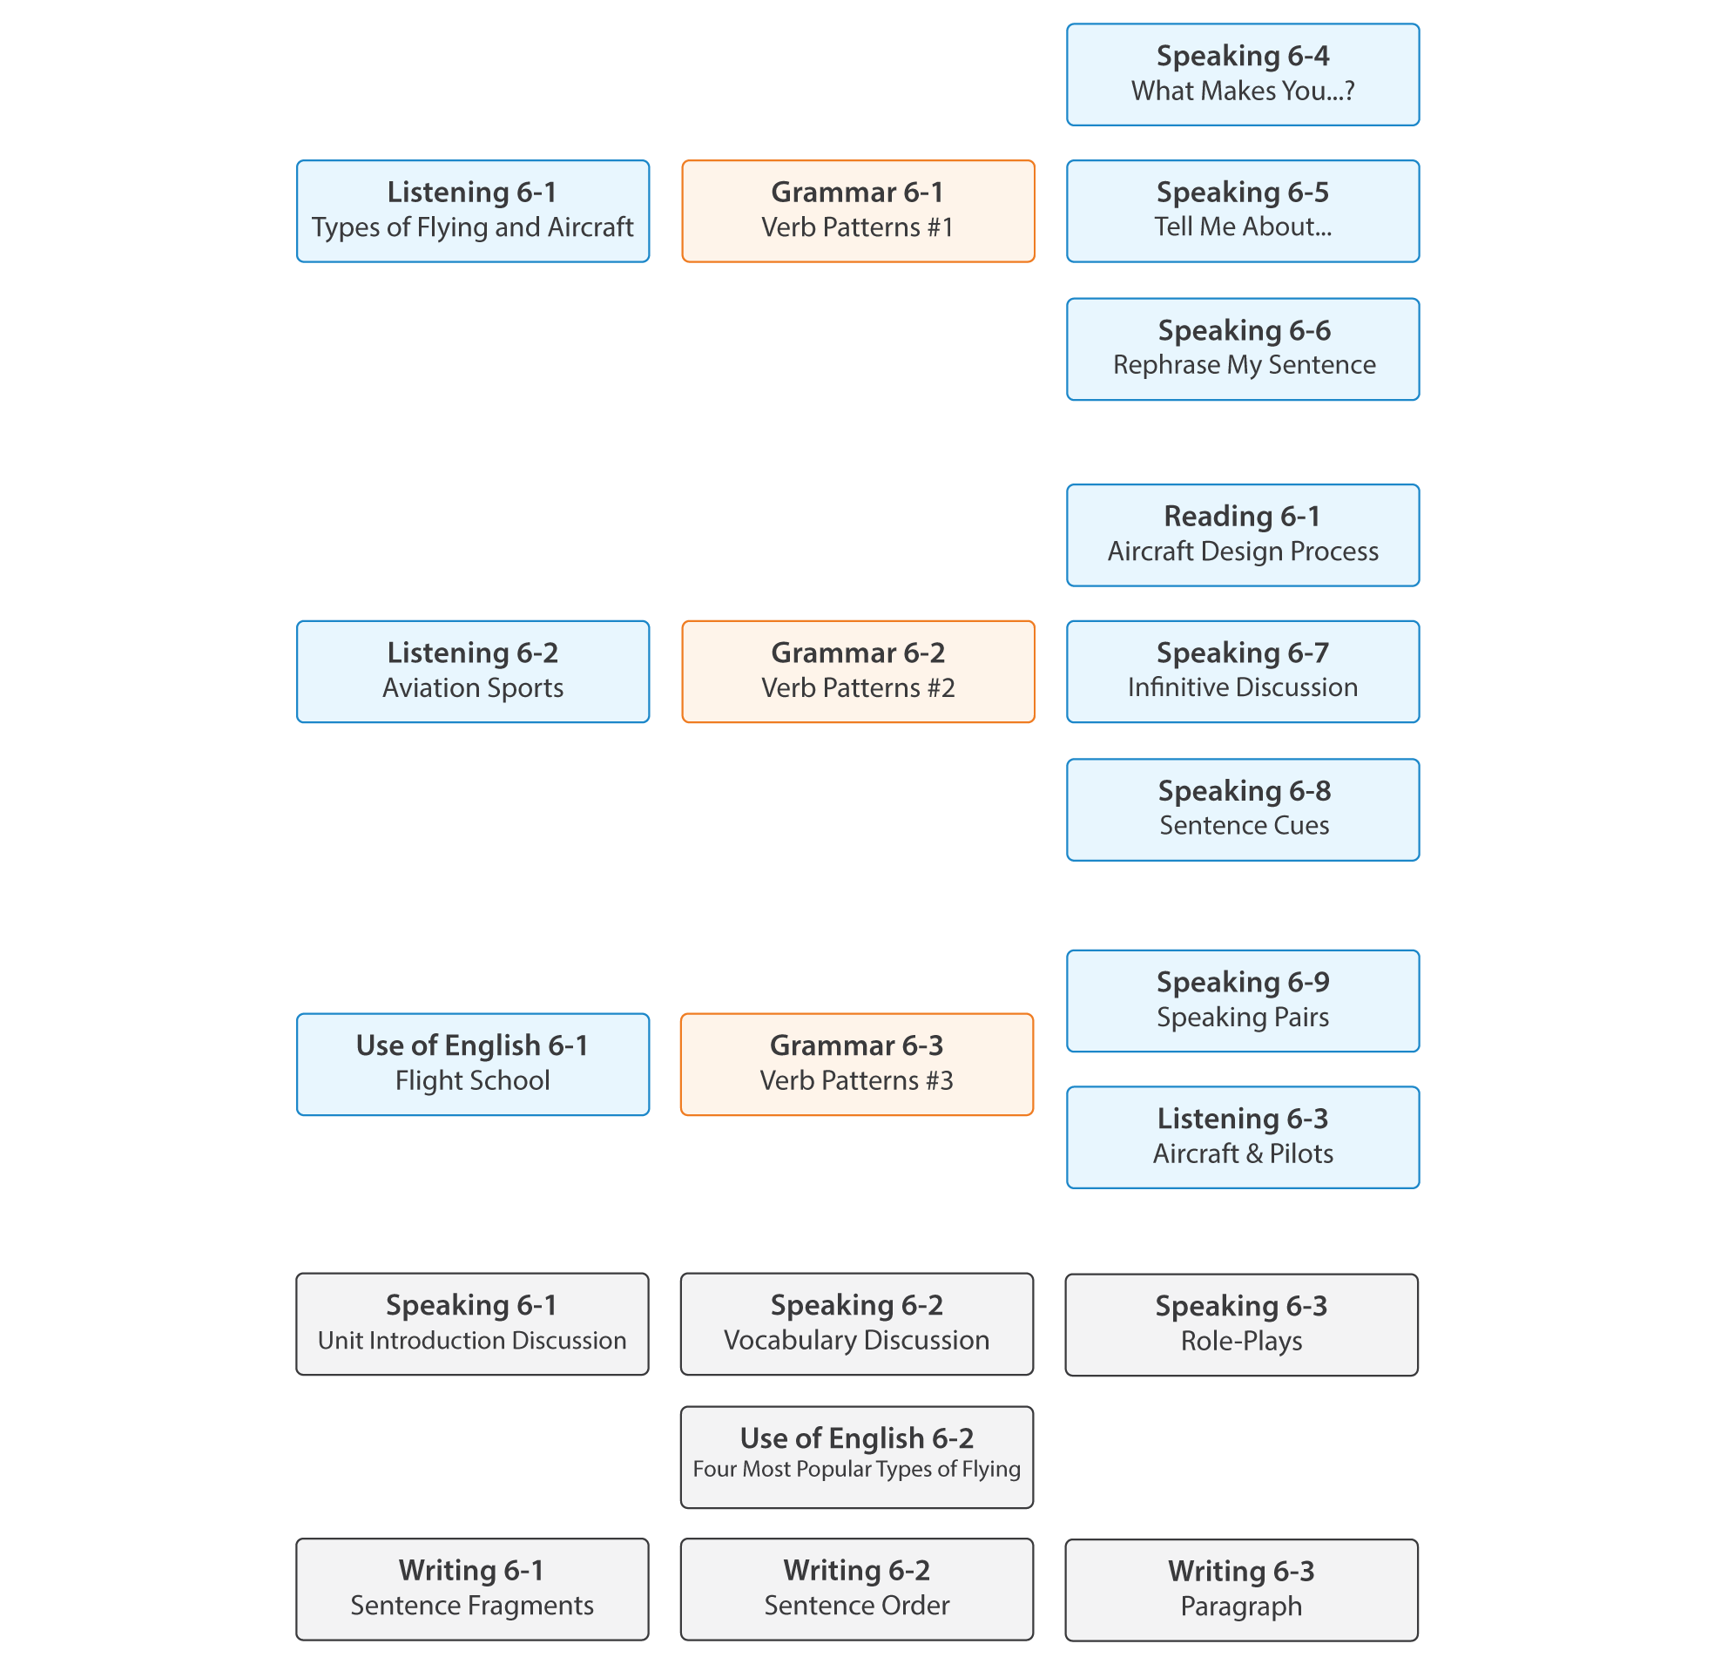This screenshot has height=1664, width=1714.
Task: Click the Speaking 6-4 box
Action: click(x=1243, y=74)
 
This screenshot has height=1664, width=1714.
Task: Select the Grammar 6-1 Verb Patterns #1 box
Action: click(x=858, y=211)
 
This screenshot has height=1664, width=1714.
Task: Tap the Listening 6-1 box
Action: click(x=473, y=211)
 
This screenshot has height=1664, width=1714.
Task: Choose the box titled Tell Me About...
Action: click(x=1243, y=211)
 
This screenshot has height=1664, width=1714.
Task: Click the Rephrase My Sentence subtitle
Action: click(x=1244, y=365)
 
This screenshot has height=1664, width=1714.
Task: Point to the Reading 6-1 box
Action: click(x=1243, y=535)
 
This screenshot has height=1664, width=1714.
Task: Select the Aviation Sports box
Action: click(x=473, y=671)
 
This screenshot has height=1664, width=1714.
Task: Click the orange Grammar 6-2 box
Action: click(x=858, y=671)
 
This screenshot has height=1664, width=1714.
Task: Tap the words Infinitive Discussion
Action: click(x=1243, y=687)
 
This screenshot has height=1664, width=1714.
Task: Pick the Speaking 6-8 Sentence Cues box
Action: click(x=1243, y=809)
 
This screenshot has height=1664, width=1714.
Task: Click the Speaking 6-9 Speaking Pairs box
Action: click(x=1243, y=1000)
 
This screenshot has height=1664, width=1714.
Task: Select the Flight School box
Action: click(x=473, y=1064)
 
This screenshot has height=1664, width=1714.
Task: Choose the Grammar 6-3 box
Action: click(x=857, y=1064)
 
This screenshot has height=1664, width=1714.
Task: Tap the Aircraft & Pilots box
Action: click(x=1243, y=1136)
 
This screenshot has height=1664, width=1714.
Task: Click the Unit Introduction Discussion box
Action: click(x=472, y=1323)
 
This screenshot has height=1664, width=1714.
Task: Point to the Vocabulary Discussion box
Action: click(x=857, y=1323)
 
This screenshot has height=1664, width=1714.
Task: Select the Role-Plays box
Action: click(x=1242, y=1324)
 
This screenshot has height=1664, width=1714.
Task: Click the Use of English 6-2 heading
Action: click(x=857, y=1438)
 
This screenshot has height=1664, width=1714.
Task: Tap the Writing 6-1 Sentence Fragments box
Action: click(x=472, y=1589)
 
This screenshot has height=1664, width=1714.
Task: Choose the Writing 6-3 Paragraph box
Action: click(x=1242, y=1590)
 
